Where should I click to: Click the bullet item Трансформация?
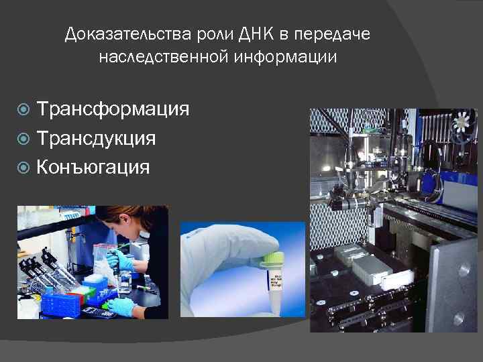tap(113, 109)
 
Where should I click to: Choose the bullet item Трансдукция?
tap(97, 137)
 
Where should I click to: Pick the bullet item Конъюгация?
tap(93, 166)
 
